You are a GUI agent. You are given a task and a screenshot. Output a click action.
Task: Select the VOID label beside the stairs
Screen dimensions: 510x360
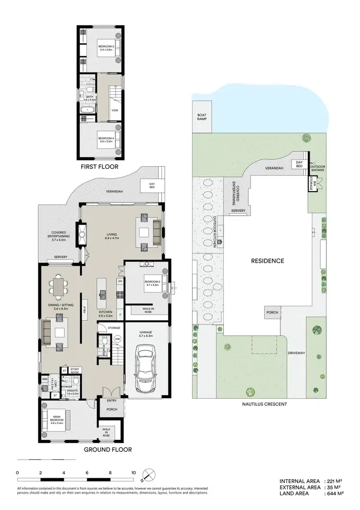click(x=115, y=109)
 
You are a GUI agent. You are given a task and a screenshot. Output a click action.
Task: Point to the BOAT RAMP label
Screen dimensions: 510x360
click(x=202, y=118)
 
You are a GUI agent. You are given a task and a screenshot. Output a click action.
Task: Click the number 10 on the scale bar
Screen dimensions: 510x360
click(x=133, y=473)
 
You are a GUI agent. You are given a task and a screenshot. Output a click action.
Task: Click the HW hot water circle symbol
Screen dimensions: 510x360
click(x=117, y=340)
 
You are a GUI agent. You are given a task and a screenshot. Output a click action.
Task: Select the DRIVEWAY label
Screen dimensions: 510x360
click(x=297, y=353)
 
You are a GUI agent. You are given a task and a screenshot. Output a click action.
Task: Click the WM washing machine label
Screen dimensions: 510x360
click(x=45, y=379)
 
